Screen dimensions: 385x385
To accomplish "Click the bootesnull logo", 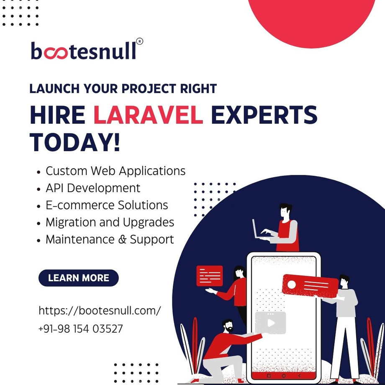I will point(84,51).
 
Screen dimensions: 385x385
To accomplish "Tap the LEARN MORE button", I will point(79,278).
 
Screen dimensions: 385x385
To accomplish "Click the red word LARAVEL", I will point(148,116).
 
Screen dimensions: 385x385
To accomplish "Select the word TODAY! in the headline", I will point(75,142).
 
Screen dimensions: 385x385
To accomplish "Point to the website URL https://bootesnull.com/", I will point(100,311).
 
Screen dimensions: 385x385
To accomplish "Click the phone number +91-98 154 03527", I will point(81,329).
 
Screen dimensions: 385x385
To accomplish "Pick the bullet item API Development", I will point(93,188).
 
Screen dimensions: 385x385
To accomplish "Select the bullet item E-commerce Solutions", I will point(107,205).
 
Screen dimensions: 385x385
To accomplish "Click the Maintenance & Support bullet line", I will point(110,240).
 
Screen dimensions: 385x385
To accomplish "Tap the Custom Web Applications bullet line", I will point(116,171).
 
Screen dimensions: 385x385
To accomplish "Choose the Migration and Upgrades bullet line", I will point(110,222).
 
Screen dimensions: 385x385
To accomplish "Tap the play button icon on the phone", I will point(271,323).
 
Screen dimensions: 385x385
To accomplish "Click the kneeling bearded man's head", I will point(228,326).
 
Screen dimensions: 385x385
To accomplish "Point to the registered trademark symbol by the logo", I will point(140,41).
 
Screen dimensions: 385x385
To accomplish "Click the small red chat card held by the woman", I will point(210,275).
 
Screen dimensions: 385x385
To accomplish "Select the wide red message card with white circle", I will point(310,285).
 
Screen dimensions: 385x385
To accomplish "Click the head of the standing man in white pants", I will point(344,281).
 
